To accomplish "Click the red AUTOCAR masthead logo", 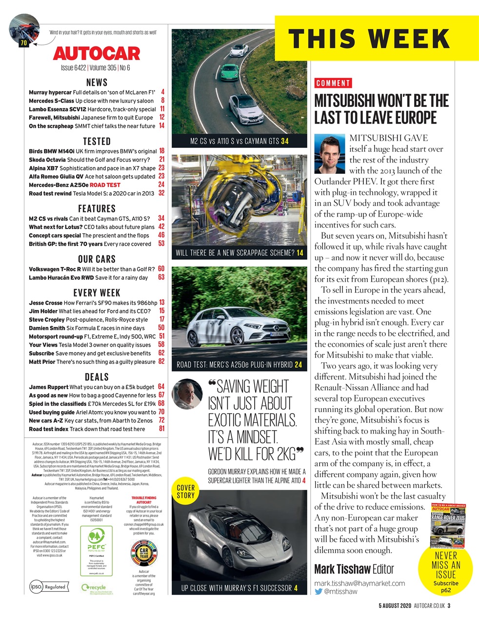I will click(x=96, y=53).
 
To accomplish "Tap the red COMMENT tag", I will click(x=333, y=83).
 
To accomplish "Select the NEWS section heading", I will click(x=97, y=82).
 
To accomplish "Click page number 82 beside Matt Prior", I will click(x=161, y=362).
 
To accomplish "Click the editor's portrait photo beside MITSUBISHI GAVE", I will click(x=330, y=154).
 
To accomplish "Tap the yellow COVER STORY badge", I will click(x=185, y=491).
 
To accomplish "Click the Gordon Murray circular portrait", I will click(x=187, y=394).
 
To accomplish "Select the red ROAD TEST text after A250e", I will click(x=105, y=185).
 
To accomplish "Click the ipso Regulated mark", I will click(x=48, y=586).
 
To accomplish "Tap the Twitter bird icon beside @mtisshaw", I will click(x=319, y=591).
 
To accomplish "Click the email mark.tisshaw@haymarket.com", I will click(x=359, y=583).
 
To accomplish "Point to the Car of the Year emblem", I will click(x=143, y=554).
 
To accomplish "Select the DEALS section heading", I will click(x=97, y=376).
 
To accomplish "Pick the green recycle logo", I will click(x=94, y=587).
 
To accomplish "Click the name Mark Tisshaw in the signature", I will click(x=342, y=569).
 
